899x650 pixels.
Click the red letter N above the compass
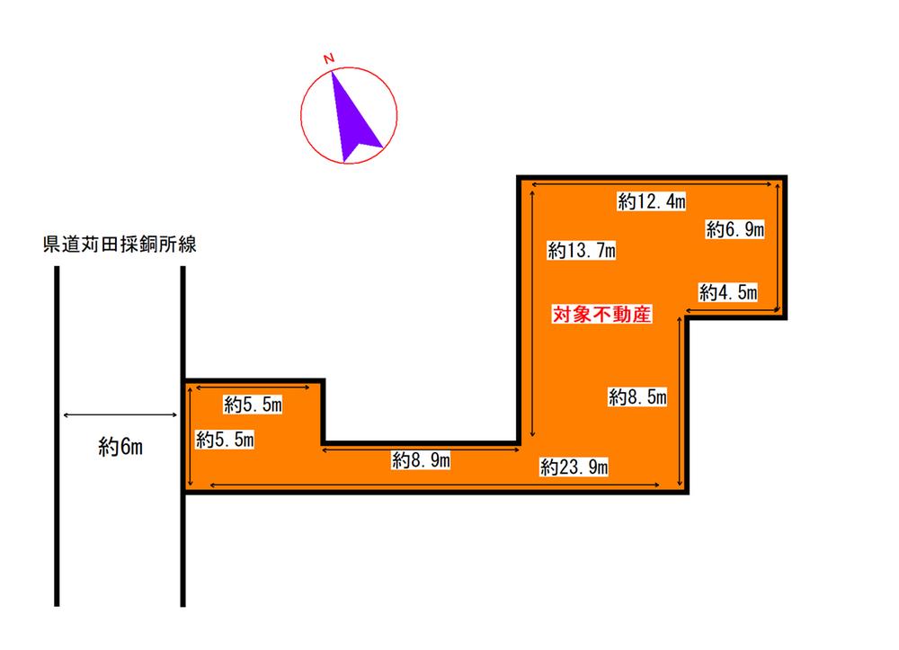coord(328,58)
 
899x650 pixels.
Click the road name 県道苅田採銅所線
coord(120,245)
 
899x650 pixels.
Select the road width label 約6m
coord(120,447)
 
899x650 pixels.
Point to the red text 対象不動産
coord(601,314)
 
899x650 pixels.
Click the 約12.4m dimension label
coord(651,201)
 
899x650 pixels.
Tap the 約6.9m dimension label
coord(735,229)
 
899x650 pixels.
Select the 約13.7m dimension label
coord(582,251)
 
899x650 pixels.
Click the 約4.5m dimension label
coord(728,292)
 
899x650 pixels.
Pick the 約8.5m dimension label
coord(637,396)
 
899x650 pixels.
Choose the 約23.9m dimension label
coord(574,467)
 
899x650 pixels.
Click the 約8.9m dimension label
coord(421,459)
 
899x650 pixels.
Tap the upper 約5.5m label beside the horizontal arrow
coord(253,405)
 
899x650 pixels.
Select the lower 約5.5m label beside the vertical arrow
coord(225,440)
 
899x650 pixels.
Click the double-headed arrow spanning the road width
coord(120,415)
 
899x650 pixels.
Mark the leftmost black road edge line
coord(57,436)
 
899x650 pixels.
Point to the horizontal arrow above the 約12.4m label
coord(652,184)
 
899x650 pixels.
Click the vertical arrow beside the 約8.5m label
coord(680,401)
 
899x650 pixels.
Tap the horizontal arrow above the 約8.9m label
coord(421,450)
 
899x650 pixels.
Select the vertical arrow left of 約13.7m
coord(532,314)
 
